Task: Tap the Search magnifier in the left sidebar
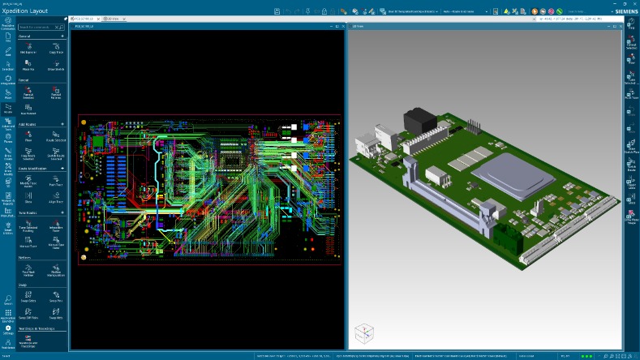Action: click(x=7, y=299)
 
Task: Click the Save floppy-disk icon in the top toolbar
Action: click(x=277, y=11)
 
